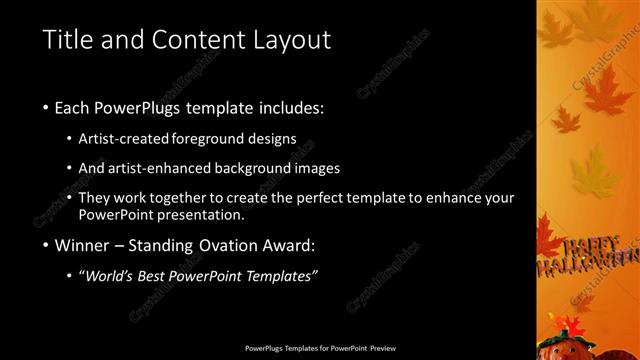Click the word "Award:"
(297, 244)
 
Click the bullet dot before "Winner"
(47, 245)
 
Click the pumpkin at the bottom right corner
(567, 343)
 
